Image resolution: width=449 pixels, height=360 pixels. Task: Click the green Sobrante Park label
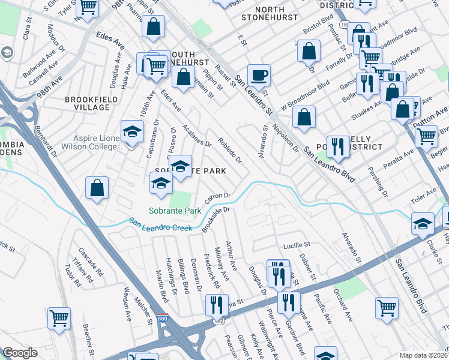(175, 211)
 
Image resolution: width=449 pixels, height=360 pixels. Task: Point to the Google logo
(20, 353)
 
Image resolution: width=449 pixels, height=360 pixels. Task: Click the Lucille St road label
(296, 245)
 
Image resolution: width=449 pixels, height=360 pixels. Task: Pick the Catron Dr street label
(218, 197)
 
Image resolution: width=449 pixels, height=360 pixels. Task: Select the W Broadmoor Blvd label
(308, 94)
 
